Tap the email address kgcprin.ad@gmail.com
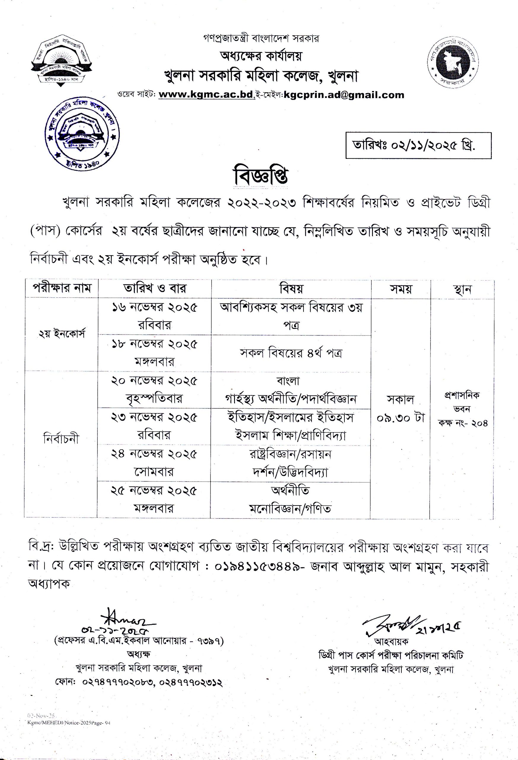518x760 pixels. tap(344, 95)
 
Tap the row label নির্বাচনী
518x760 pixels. tap(61, 439)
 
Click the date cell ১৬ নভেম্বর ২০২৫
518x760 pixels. tap(154, 308)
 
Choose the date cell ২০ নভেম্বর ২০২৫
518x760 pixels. tap(154, 381)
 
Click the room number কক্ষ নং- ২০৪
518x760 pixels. tap(463, 423)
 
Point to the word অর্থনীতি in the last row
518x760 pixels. tap(290, 490)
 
